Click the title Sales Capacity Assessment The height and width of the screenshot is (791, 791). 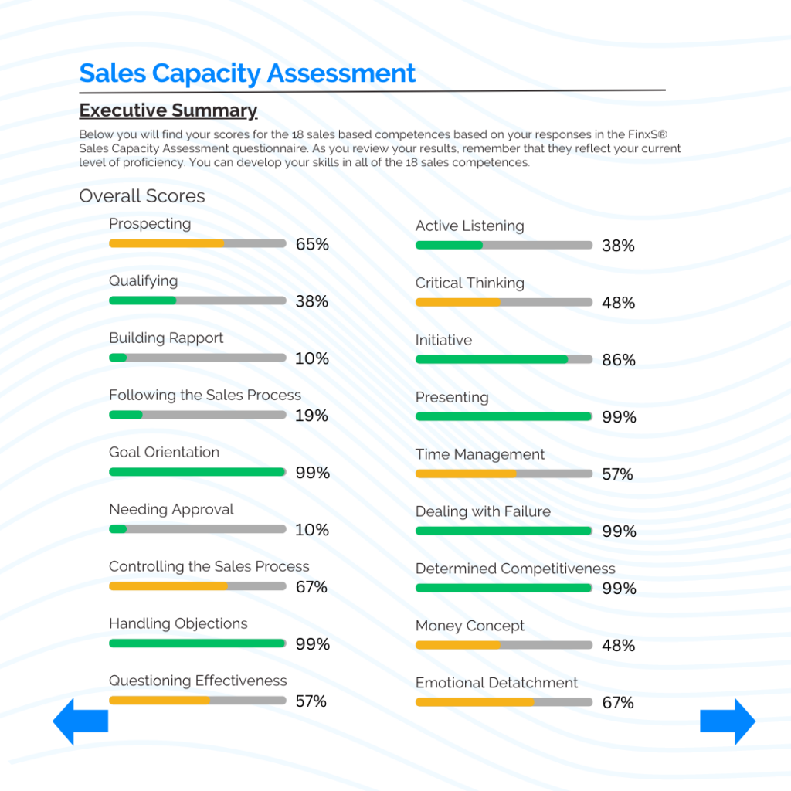pyautogui.click(x=247, y=73)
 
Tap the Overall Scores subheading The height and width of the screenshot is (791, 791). pyautogui.click(x=142, y=196)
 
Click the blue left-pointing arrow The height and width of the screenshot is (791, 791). pyautogui.click(x=80, y=721)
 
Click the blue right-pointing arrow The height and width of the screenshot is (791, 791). pyautogui.click(x=728, y=721)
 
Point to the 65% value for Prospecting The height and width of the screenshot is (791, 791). pyautogui.click(x=312, y=244)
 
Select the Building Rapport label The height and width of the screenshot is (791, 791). pyautogui.click(x=166, y=338)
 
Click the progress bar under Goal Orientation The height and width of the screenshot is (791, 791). pyautogui.click(x=197, y=472)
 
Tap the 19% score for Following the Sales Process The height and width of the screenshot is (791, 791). pyautogui.click(x=311, y=416)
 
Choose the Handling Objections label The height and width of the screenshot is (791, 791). pyautogui.click(x=178, y=624)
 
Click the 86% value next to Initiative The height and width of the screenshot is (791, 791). pyautogui.click(x=619, y=360)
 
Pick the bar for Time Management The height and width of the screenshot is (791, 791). pyautogui.click(x=504, y=474)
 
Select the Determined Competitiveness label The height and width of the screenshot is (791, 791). pyautogui.click(x=515, y=569)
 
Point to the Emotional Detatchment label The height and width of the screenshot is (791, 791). pyautogui.click(x=497, y=684)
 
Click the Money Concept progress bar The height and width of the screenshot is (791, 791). pyautogui.click(x=504, y=645)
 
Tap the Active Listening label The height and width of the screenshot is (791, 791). pyautogui.click(x=470, y=226)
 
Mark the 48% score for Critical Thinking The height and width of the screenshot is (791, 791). pyautogui.click(x=619, y=303)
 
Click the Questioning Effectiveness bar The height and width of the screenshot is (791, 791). pyautogui.click(x=197, y=701)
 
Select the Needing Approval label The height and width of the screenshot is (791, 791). pyautogui.click(x=171, y=510)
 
